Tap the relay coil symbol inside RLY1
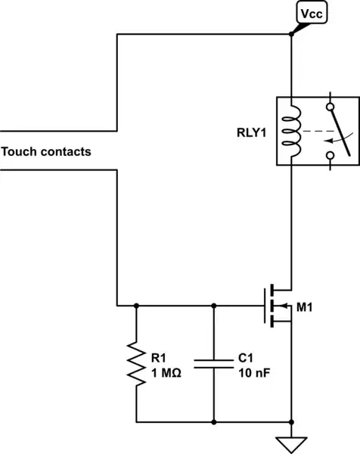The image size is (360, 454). (290, 129)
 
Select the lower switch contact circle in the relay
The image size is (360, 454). (329, 156)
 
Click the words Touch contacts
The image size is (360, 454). (46, 151)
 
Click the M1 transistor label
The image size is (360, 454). (305, 307)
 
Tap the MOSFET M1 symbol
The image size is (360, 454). (277, 306)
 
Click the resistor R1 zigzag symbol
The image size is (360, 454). (136, 364)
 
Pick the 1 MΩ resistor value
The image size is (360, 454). (166, 371)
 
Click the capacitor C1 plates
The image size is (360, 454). (215, 364)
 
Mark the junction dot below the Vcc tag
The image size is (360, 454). (291, 34)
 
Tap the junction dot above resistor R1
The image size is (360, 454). (136, 306)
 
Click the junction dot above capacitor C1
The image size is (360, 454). (215, 306)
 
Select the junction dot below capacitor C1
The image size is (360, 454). (215, 421)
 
